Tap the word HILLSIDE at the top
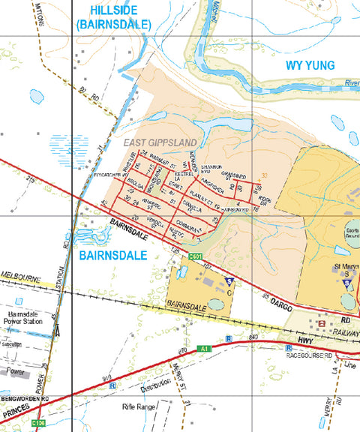113,9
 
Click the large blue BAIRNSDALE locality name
112,256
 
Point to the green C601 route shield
196,257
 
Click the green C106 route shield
40,424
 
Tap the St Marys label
346,266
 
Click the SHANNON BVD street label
212,169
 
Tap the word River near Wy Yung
349,83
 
